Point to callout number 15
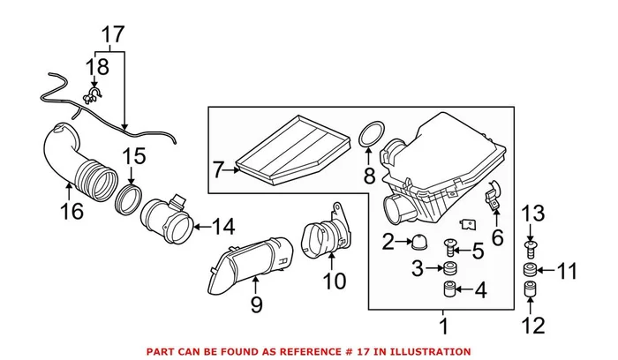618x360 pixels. point(132,158)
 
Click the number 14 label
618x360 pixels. point(223,228)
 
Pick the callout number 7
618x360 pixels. point(220,166)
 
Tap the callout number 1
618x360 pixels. point(444,326)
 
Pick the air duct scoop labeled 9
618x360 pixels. point(252,260)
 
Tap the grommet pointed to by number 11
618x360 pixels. point(532,270)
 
